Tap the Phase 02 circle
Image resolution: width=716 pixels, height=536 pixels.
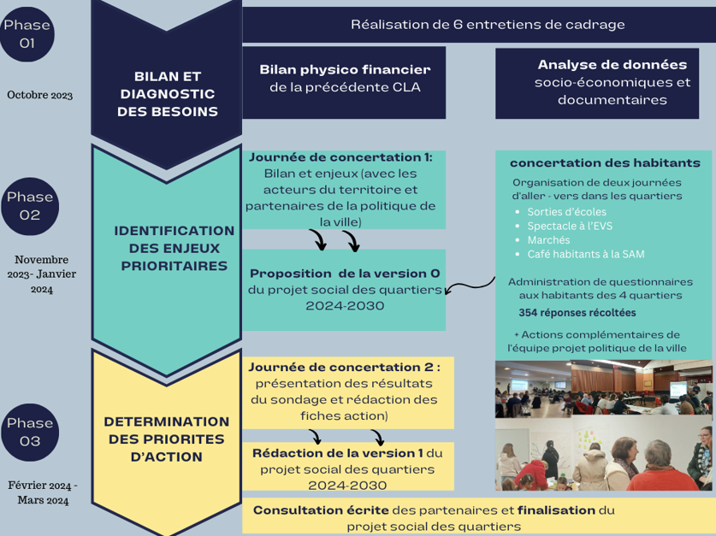pyautogui.click(x=30, y=206)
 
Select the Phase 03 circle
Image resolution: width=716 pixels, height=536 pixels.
pyautogui.click(x=30, y=432)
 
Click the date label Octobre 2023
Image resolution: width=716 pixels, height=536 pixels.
pyautogui.click(x=39, y=95)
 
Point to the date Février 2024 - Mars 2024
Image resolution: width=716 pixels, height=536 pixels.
pyautogui.click(x=43, y=492)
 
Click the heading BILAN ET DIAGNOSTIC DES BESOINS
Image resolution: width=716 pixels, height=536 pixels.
pyautogui.click(x=168, y=94)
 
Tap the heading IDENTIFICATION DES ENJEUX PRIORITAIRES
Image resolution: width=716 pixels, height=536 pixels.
pyautogui.click(x=174, y=248)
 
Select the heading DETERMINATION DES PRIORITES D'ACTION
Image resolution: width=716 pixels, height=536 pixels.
pyautogui.click(x=167, y=439)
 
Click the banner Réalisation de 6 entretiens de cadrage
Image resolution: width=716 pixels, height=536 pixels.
pyautogui.click(x=488, y=25)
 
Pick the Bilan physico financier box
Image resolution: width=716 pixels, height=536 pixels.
pyautogui.click(x=345, y=78)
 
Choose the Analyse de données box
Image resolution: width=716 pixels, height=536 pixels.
pyautogui.click(x=612, y=82)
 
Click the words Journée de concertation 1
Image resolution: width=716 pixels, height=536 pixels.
pyautogui.click(x=340, y=157)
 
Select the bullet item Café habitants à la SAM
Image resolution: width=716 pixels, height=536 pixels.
pyautogui.click(x=586, y=254)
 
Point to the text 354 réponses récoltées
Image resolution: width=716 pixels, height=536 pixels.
pyautogui.click(x=577, y=312)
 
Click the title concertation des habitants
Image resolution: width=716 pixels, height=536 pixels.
pyautogui.click(x=605, y=162)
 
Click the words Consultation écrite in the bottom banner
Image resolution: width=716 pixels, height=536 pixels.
pyautogui.click(x=321, y=510)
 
